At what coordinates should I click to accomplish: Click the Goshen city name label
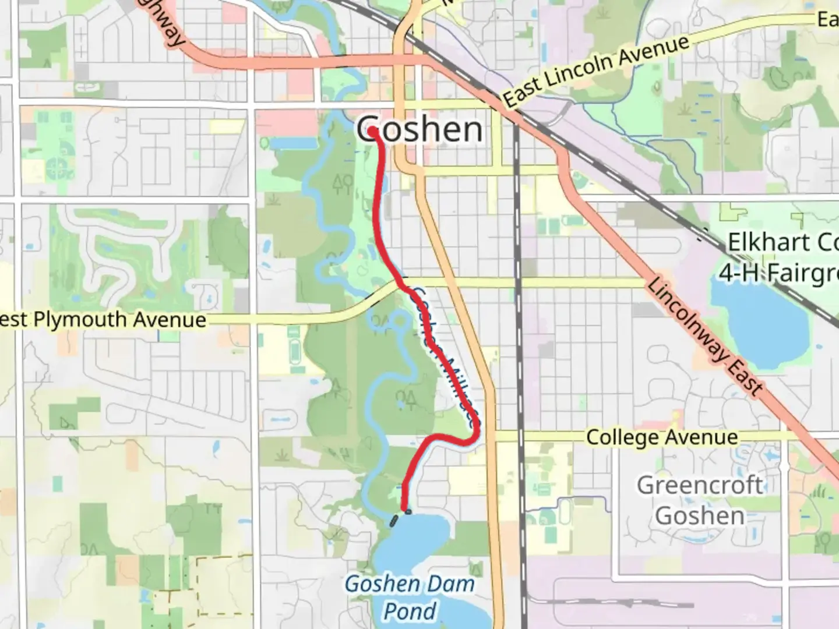point(419,129)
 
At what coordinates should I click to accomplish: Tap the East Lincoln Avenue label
point(595,71)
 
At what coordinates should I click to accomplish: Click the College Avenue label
point(662,437)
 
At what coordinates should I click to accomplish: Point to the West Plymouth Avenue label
point(102,320)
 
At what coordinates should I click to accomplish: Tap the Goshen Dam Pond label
point(410,598)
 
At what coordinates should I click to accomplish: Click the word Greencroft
point(700,485)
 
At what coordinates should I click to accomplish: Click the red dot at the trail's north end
point(372,132)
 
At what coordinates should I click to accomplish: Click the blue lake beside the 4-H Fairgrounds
point(757,320)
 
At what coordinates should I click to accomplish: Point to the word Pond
point(410,612)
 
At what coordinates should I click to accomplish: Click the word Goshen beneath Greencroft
point(700,516)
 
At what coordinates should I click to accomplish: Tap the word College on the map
point(621,437)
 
